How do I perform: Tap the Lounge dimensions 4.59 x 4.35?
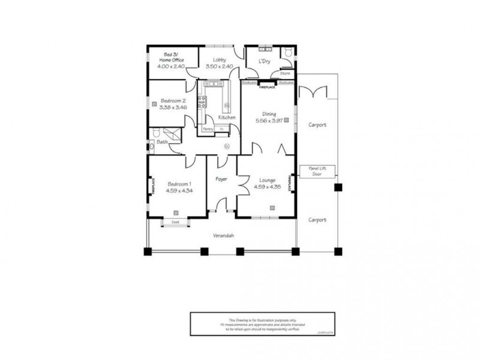(x=267, y=187)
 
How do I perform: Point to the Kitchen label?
(x=226, y=118)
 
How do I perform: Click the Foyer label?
(x=221, y=179)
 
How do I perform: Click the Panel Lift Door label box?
(x=317, y=170)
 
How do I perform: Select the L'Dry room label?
(x=263, y=62)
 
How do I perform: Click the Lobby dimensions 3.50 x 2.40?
(x=215, y=67)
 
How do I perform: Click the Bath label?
(x=161, y=142)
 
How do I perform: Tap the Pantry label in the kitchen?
(x=208, y=128)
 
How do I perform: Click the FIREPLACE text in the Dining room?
(x=268, y=88)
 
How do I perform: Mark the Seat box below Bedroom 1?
(x=175, y=222)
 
